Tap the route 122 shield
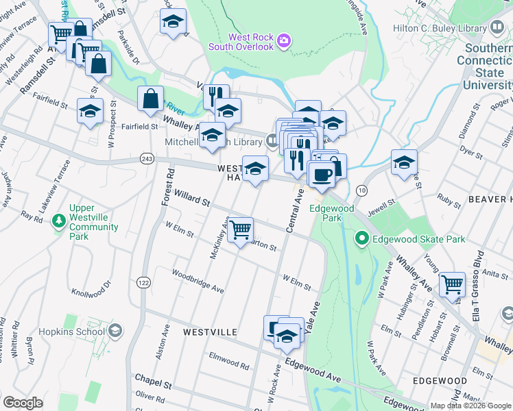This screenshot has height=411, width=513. coord(143,282)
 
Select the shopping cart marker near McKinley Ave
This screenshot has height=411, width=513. coord(240,230)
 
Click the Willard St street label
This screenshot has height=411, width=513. coord(192,199)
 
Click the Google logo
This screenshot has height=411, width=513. coord(23,403)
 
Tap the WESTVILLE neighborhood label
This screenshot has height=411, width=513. coord(210,332)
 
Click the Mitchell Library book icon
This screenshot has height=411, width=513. coord(272,142)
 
